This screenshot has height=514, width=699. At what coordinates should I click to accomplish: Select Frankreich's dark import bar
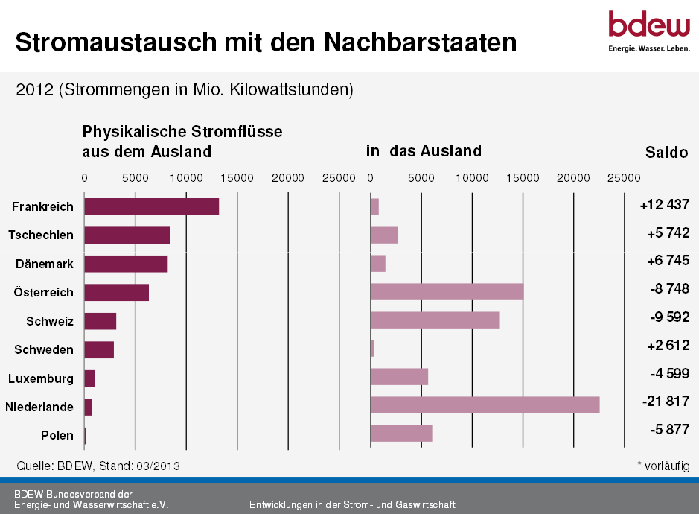pos(151,206)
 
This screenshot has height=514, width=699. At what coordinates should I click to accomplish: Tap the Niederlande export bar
pos(485,405)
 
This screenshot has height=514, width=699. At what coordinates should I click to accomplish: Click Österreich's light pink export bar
pos(447,292)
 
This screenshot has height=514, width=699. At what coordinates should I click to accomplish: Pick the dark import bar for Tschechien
pos(127,235)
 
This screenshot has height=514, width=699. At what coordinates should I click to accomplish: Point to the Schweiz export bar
pos(435,320)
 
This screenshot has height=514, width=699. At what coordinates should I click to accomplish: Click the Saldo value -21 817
pos(666,402)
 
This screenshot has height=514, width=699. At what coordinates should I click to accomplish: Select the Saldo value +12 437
pos(664,205)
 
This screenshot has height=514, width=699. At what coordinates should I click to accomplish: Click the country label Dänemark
pos(45,264)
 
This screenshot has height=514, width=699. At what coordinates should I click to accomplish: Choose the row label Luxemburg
pos(41,378)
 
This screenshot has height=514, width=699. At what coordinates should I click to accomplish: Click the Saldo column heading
pos(666,153)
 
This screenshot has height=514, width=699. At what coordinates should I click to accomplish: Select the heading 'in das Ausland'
pos(424,151)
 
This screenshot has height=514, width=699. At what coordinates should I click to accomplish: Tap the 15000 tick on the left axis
pos(237,177)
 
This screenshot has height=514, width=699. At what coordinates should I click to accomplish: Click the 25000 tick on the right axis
pos(624,177)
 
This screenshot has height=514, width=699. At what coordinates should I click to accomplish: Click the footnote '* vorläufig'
pos(663,465)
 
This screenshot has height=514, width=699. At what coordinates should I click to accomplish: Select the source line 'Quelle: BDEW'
pos(98,466)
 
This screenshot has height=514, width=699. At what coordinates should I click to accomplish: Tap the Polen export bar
pos(400,434)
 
